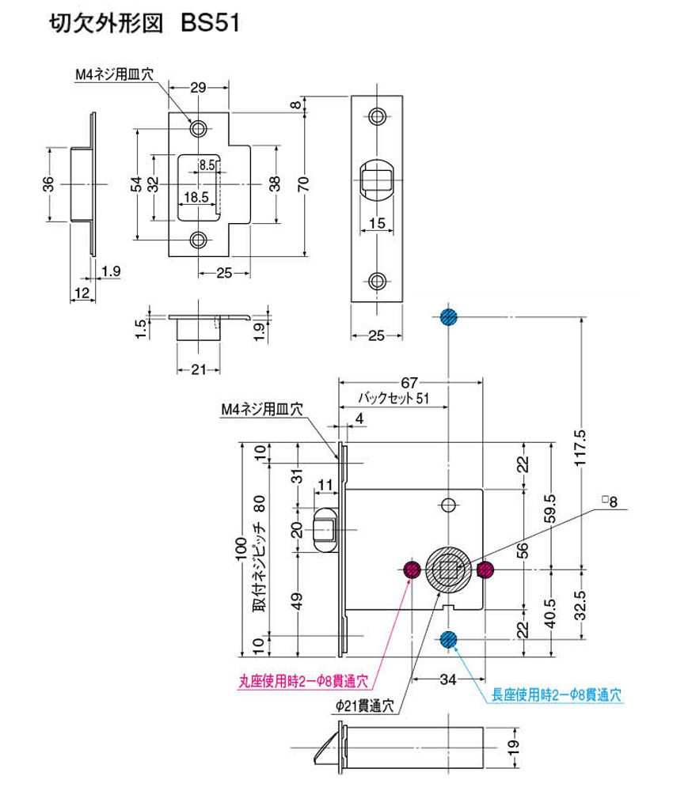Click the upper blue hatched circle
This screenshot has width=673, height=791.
(x=449, y=316)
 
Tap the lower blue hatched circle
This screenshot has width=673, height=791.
(x=449, y=639)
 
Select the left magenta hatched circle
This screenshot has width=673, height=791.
(x=412, y=569)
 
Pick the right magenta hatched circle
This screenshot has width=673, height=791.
(x=485, y=569)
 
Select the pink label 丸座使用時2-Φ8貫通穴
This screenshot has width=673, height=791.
(x=303, y=679)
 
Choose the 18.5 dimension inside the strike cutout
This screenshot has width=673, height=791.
(x=196, y=196)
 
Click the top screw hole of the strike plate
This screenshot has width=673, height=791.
(x=196, y=127)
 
